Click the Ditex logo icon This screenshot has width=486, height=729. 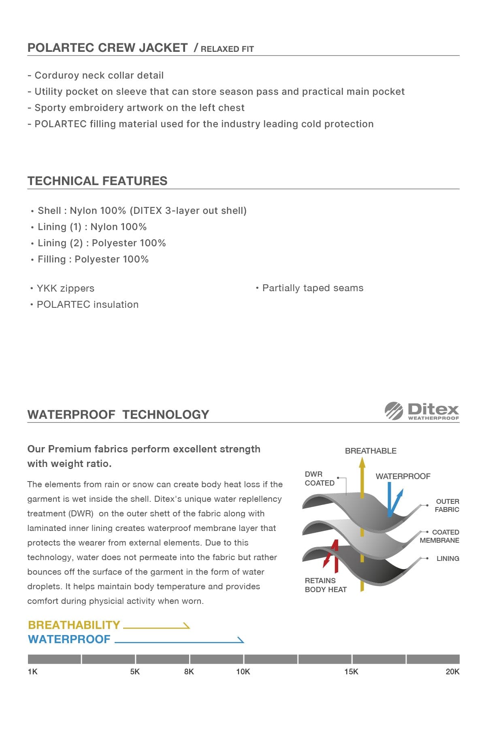point(394,410)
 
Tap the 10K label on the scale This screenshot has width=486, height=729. point(243,671)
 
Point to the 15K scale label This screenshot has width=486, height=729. point(351,671)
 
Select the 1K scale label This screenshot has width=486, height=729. point(32,671)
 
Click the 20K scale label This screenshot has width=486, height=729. point(452,671)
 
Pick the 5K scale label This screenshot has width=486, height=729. point(135,671)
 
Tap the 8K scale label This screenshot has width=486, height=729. point(189,671)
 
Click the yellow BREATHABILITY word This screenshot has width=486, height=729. point(74,625)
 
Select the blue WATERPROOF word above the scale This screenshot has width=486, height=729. point(69,639)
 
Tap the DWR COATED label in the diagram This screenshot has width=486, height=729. point(320,478)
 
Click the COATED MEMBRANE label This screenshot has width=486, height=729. point(440,536)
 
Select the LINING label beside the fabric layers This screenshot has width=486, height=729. point(448,558)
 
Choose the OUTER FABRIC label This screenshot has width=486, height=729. point(447,505)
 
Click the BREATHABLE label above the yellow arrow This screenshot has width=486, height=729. point(371,451)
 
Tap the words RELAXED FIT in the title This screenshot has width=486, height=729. point(227,49)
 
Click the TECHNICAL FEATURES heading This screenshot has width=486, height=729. point(97,181)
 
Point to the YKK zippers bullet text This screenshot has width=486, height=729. point(66,288)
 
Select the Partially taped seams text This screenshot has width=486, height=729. point(313,288)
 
